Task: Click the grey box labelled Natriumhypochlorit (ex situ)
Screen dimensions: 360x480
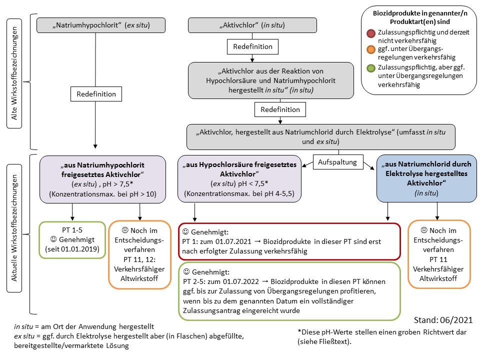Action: pos(95,24)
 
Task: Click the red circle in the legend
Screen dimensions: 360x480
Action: pos(370,33)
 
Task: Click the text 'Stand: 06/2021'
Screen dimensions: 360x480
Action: pos(443,319)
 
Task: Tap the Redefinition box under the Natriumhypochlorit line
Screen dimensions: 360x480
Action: pos(96,94)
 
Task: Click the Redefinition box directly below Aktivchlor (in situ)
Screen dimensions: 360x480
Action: pos(252,46)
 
